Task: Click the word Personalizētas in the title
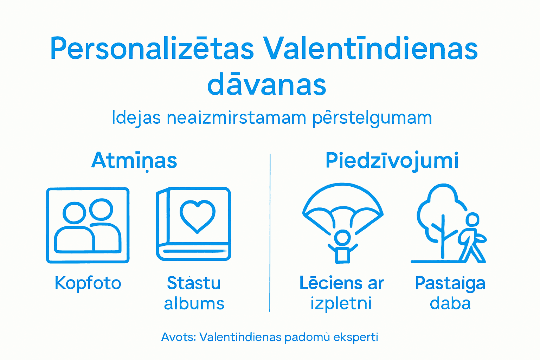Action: pyautogui.click(x=152, y=49)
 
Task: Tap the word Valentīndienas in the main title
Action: pyautogui.click(x=371, y=49)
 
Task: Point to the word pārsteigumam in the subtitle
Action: pyautogui.click(x=372, y=118)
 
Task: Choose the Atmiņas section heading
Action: pyautogui.click(x=134, y=161)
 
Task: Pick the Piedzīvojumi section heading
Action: pyautogui.click(x=392, y=161)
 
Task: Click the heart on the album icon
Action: pyautogui.click(x=198, y=216)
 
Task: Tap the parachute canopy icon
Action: pyautogui.click(x=343, y=204)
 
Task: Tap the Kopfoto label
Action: pyautogui.click(x=88, y=283)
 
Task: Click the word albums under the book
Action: pyautogui.click(x=194, y=303)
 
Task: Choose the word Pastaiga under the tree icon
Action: pyautogui.click(x=450, y=283)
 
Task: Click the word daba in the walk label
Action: pyautogui.click(x=450, y=303)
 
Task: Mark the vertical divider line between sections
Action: pyautogui.click(x=270, y=232)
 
